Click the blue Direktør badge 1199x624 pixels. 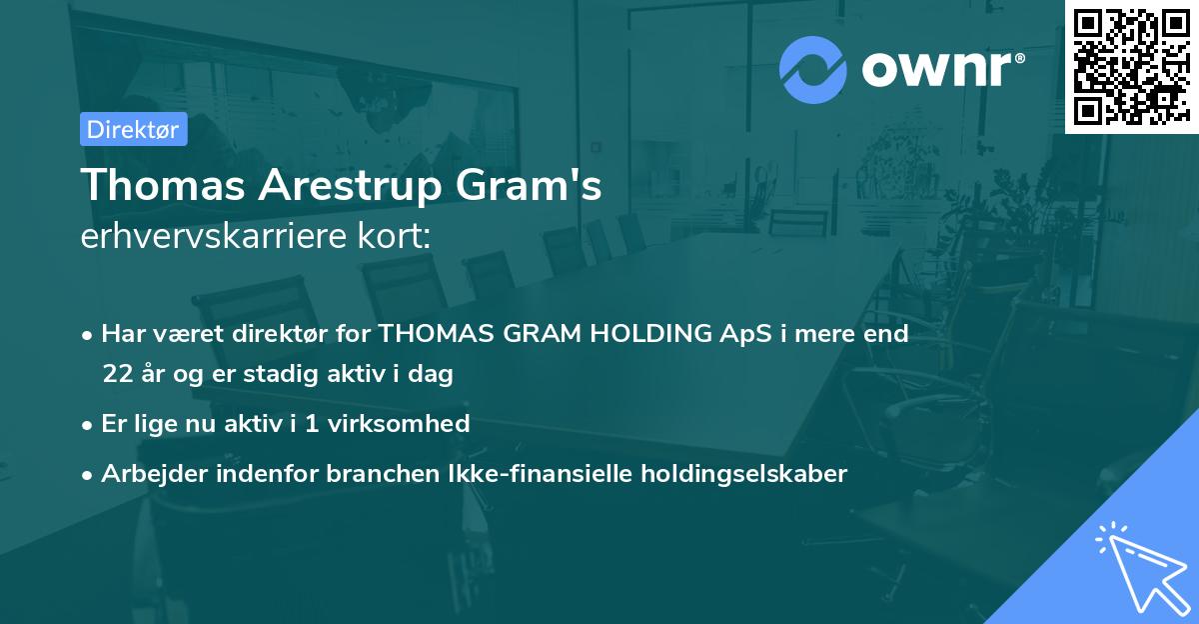point(133,129)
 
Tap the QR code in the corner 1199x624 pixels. point(1131,66)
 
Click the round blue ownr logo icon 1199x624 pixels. point(813,70)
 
